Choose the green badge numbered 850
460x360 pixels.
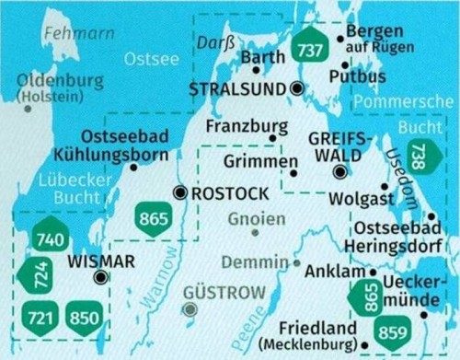[83, 319]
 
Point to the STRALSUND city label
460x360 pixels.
[237, 88]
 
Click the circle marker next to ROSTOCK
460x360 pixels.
[180, 192]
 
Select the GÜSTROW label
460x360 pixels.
[224, 292]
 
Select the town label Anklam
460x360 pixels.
[339, 273]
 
